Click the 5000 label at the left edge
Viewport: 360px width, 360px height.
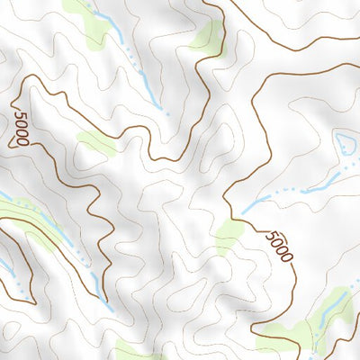[21, 126]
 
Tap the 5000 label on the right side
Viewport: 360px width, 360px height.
[279, 246]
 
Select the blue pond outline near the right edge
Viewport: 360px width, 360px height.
[345, 142]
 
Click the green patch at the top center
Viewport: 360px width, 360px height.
[207, 36]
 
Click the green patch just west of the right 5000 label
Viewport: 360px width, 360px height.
[229, 234]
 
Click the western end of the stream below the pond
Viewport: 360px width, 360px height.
[245, 211]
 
